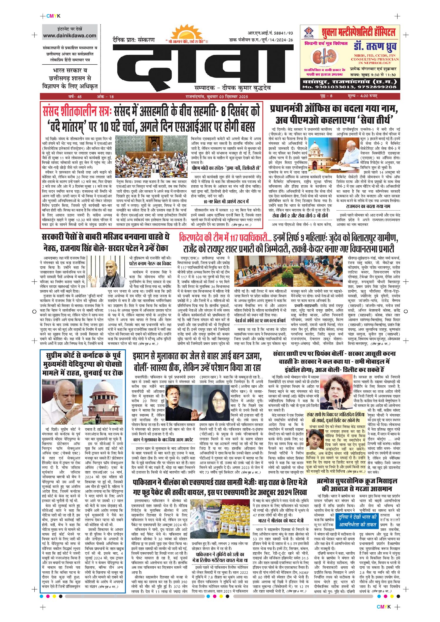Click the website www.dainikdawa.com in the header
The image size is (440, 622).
(70, 36)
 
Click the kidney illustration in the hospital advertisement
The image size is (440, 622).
(324, 57)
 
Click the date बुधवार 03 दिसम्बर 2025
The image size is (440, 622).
(227, 96)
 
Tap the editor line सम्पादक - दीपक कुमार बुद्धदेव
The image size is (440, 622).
(232, 88)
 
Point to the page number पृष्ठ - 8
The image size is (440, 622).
(326, 96)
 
